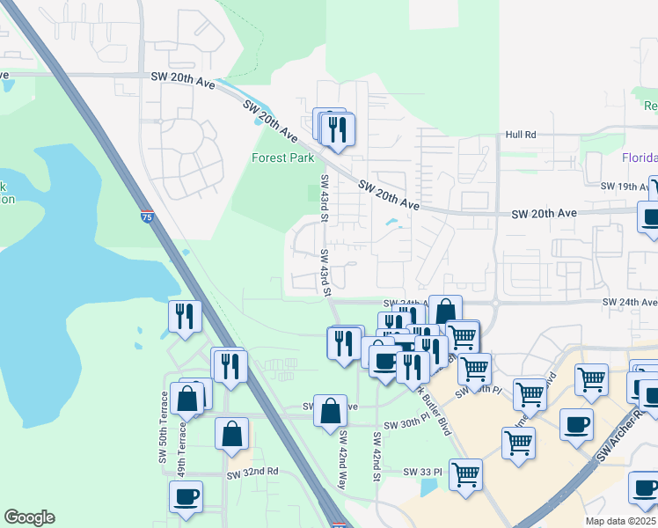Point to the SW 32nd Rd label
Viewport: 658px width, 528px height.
pyautogui.click(x=252, y=472)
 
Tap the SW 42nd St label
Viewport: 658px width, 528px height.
pyautogui.click(x=376, y=457)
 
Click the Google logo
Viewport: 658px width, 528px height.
pyautogui.click(x=29, y=517)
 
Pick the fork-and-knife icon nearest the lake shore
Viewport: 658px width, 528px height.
pyautogui.click(x=185, y=316)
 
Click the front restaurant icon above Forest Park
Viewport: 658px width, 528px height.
pyautogui.click(x=338, y=129)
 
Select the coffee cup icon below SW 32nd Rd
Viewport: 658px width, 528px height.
pyautogui.click(x=186, y=496)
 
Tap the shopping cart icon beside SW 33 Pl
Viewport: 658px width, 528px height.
pyautogui.click(x=465, y=474)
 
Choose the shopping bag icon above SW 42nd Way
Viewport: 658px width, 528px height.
pyautogui.click(x=330, y=411)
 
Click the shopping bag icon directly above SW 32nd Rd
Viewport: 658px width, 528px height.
pyautogui.click(x=232, y=432)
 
